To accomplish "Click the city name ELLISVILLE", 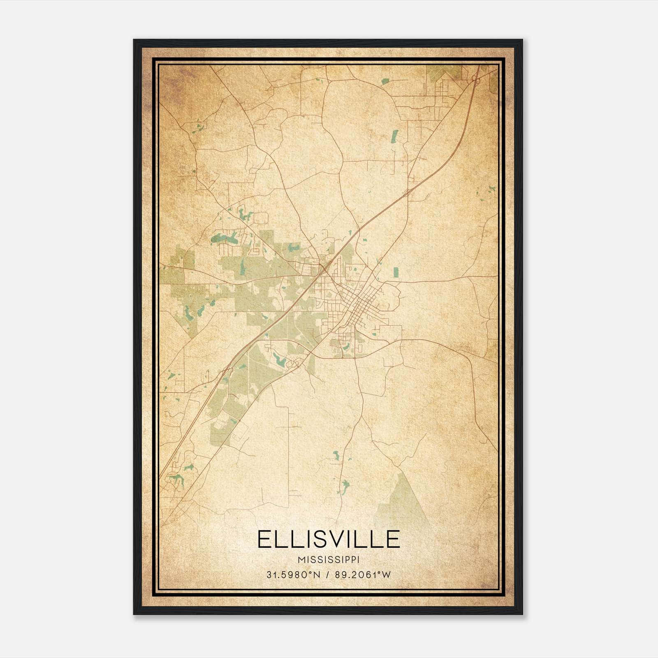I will tap(328, 539).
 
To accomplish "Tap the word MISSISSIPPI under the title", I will tap(328, 560).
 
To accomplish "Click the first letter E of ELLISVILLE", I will tap(264, 539).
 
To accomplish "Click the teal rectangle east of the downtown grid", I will tap(396, 272).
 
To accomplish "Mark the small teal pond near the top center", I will tap(385, 81).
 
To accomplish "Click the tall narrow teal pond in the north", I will tap(395, 136).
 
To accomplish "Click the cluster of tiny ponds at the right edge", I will tap(491, 189).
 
